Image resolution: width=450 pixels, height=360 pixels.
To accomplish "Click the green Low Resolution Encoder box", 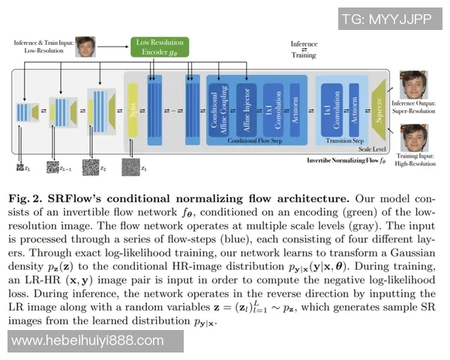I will [158, 47].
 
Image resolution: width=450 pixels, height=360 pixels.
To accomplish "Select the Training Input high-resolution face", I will [413, 138].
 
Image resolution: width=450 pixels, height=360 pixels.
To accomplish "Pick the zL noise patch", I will [21, 166].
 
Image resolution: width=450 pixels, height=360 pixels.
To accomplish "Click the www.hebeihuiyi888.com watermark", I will [88, 341].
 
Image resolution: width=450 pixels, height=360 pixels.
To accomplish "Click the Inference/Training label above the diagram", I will [303, 49].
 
